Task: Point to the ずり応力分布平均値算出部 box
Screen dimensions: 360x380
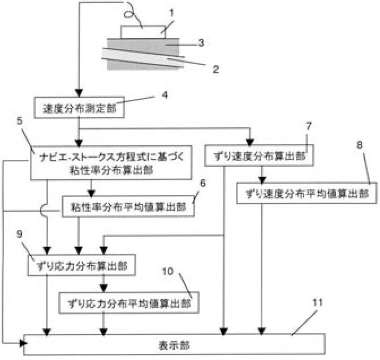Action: [x=129, y=303]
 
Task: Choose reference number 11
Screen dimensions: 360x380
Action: [x=317, y=302]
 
